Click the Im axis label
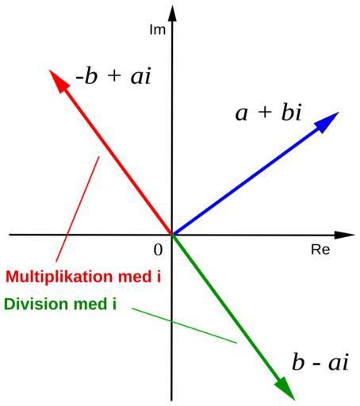point(158,29)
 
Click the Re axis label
point(320,250)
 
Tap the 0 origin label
point(158,250)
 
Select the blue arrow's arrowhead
point(327,122)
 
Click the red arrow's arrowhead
point(59,81)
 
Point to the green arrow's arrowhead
point(285,388)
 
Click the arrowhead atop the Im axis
point(172,13)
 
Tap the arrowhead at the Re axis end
point(344,235)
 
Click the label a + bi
point(268,113)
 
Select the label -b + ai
point(113,76)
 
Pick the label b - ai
point(320,362)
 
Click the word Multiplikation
point(59,277)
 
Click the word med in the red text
point(133,277)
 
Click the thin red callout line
point(78,209)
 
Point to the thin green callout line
point(185,325)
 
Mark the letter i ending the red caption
point(159,277)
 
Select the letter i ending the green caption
point(114,304)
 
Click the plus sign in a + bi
point(265,112)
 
